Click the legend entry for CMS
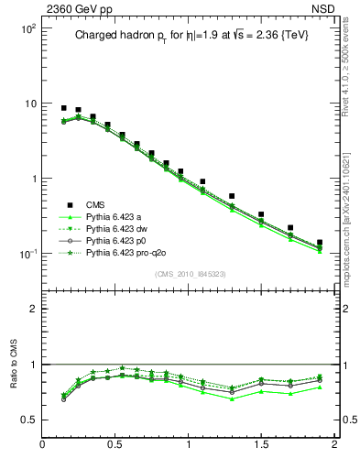pyautogui.click(x=96, y=205)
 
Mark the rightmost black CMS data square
pyautogui.click(x=320, y=243)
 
